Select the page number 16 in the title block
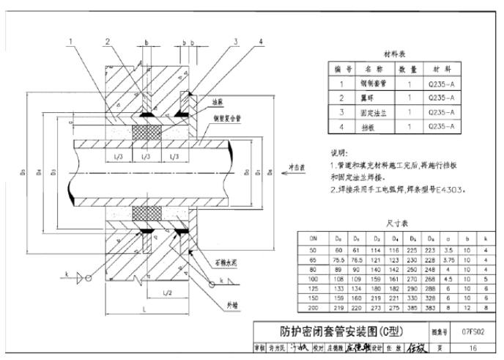473,348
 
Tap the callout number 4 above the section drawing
261,41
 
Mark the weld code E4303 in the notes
449,189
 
